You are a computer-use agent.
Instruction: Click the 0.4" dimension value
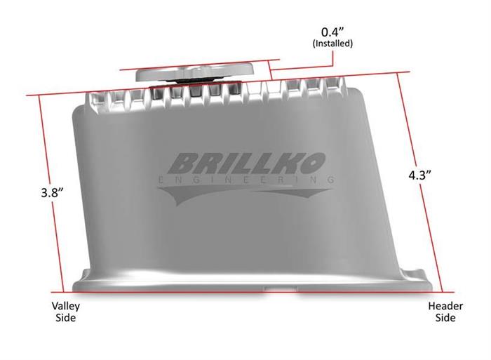[332, 32]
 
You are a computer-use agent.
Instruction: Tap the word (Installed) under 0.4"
[332, 44]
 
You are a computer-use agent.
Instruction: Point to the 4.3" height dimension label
[420, 175]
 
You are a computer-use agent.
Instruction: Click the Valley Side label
[66, 312]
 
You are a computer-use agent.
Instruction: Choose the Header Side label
[445, 312]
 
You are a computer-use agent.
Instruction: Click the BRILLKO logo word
[246, 164]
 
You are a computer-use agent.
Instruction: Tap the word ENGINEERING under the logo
[246, 180]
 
